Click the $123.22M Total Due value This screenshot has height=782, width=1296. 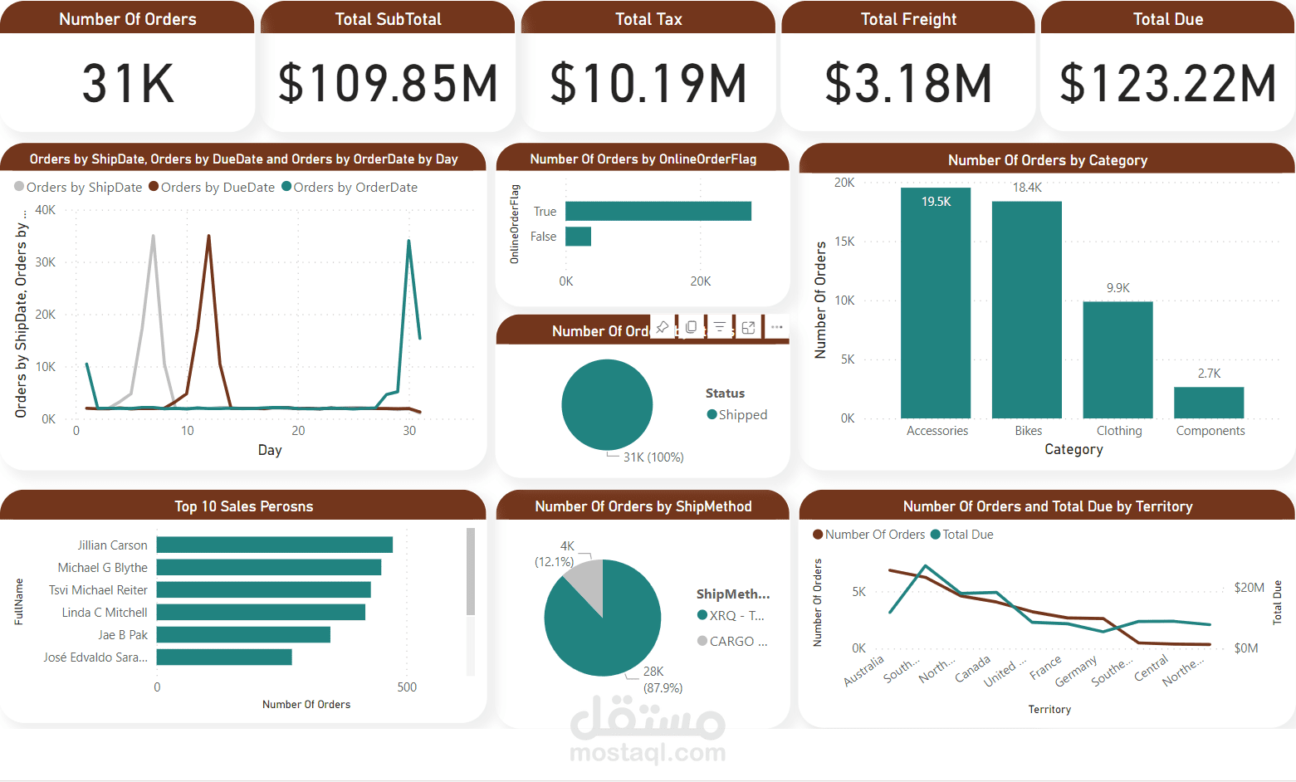pyautogui.click(x=1167, y=84)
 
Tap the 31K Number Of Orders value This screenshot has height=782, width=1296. pyautogui.click(x=128, y=84)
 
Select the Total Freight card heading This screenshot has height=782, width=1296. pyautogui.click(x=908, y=19)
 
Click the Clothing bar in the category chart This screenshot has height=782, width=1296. pyautogui.click(x=1117, y=359)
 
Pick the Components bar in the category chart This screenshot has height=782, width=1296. pyautogui.click(x=1209, y=403)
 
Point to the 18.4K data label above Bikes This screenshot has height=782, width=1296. pyautogui.click(x=1027, y=188)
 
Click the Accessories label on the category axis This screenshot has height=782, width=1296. pyautogui.click(x=937, y=431)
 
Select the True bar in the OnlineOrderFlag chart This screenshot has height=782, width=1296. pyautogui.click(x=658, y=212)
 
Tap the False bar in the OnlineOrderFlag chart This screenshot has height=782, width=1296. pyautogui.click(x=578, y=237)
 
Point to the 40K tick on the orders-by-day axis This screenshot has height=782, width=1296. pyautogui.click(x=46, y=210)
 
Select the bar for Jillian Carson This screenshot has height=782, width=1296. pyautogui.click(x=274, y=545)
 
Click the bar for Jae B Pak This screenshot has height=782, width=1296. pyautogui.click(x=243, y=634)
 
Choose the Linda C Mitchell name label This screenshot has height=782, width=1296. pyautogui.click(x=105, y=613)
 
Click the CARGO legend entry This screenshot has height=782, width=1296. pyautogui.click(x=732, y=642)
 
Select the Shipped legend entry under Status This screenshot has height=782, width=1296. pyautogui.click(x=736, y=415)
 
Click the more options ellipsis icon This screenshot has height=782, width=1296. pyautogui.click(x=776, y=327)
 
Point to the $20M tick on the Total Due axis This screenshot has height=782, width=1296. pyautogui.click(x=1249, y=588)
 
